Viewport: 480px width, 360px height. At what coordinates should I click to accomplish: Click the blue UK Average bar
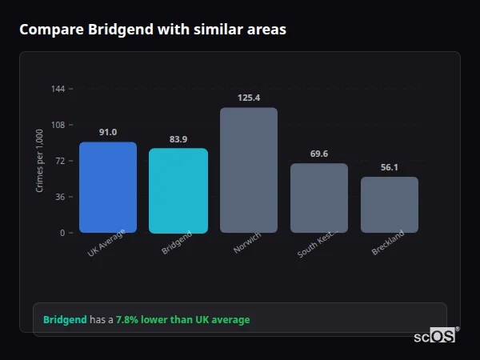coord(108,187)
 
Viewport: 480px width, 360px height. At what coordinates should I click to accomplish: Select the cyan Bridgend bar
coord(178,190)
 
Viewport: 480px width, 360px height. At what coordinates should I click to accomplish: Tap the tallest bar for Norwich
coord(249,170)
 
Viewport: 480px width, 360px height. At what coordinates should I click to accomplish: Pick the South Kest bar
coord(319,198)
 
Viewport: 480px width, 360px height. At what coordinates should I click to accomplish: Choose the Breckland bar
coord(390,205)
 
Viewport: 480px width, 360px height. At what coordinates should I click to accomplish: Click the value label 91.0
coord(108,132)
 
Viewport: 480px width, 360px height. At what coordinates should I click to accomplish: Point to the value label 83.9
coord(178,139)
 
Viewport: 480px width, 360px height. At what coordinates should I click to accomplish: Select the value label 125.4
coord(249,98)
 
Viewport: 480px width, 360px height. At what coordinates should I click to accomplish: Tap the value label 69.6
coord(319,154)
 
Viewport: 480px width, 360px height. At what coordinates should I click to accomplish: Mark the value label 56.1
coord(390,167)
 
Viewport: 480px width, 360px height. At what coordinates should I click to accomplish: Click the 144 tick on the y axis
coord(58,89)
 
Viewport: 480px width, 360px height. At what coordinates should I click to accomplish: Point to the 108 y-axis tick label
coord(58,125)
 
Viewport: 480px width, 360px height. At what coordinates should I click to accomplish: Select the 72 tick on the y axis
coord(60,161)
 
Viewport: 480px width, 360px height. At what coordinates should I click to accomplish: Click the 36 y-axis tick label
coord(60,197)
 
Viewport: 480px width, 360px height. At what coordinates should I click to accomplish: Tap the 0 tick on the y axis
coord(62,233)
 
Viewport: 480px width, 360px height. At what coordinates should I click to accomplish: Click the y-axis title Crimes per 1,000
coord(39,161)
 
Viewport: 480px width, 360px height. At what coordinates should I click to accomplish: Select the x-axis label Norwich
coord(246,243)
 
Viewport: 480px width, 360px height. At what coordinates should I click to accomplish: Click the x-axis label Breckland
coord(388,243)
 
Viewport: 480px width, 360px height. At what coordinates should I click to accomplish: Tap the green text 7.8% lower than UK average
coord(182,319)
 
